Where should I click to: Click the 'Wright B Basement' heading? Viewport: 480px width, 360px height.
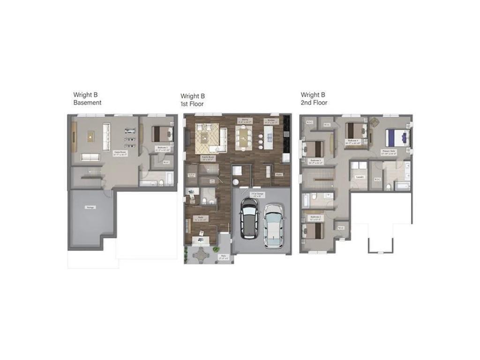tap(87, 98)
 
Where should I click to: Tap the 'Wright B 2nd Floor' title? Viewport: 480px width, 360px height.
tap(314, 98)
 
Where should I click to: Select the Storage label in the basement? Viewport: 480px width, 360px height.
tap(90, 207)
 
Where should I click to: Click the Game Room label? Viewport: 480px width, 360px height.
tap(120, 153)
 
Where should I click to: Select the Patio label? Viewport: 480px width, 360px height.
tap(223, 256)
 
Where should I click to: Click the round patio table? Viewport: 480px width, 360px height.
tap(201, 255)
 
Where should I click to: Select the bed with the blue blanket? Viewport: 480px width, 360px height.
tap(397, 138)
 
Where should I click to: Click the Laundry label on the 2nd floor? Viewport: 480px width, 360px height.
tap(360, 177)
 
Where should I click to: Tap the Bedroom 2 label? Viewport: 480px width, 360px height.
tap(315, 217)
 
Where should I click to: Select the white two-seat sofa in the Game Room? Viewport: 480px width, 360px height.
tap(90, 157)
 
